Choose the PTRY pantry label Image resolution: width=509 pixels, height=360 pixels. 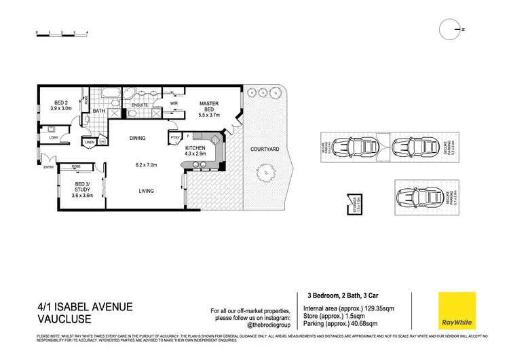175,139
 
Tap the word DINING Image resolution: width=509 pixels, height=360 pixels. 138,139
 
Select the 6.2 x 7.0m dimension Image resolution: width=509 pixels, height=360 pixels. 145,164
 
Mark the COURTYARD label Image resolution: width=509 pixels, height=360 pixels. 262,148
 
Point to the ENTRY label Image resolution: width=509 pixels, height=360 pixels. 48,167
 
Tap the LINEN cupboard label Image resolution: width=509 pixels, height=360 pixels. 89,142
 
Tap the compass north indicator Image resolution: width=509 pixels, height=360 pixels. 451,29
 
